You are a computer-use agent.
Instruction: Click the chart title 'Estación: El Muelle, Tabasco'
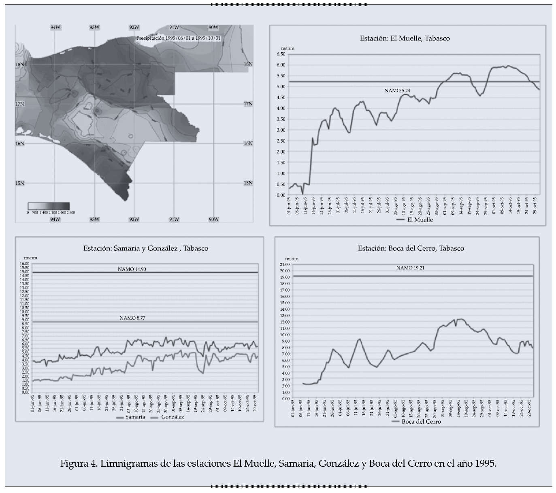point(405,38)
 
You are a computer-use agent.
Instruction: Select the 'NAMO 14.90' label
point(132,269)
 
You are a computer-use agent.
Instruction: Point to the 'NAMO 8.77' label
point(132,318)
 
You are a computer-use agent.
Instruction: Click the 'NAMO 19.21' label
point(410,268)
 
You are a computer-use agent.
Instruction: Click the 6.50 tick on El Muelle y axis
point(281,54)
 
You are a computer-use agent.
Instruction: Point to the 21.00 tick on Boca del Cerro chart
point(285,264)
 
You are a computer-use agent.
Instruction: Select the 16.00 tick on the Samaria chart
point(25,264)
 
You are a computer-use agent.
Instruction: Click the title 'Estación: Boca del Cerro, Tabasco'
point(411,248)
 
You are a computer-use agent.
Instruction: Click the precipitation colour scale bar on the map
point(49,205)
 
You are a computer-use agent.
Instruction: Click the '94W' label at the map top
point(55,28)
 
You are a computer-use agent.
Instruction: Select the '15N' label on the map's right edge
point(248,183)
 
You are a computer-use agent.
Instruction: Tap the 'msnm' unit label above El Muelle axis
point(288,49)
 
